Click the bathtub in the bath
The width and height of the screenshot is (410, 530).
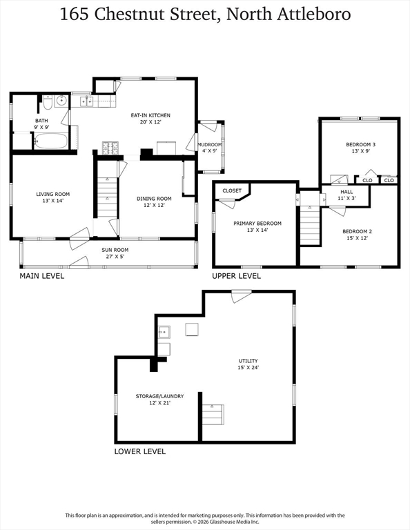pyautogui.click(x=50, y=141)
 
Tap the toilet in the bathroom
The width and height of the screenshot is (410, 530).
pyautogui.click(x=47, y=102)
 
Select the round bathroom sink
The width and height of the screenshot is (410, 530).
pyautogui.click(x=61, y=100)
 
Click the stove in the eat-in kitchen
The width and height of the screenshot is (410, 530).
pyautogui.click(x=110, y=148)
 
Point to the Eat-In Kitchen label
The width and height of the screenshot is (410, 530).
pyautogui.click(x=150, y=115)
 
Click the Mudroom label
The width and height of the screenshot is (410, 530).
pyautogui.click(x=210, y=144)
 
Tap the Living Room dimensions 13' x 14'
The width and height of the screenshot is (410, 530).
pyautogui.click(x=53, y=200)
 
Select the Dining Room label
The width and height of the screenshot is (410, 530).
pyautogui.click(x=154, y=199)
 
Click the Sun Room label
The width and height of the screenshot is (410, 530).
pyautogui.click(x=115, y=250)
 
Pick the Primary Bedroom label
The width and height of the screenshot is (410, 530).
pyautogui.click(x=257, y=223)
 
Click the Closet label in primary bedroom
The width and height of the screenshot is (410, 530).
pyautogui.click(x=232, y=190)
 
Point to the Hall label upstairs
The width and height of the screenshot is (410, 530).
pyautogui.click(x=346, y=192)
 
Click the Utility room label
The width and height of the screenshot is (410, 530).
pyautogui.click(x=248, y=361)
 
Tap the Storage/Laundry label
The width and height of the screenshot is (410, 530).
pyautogui.click(x=159, y=396)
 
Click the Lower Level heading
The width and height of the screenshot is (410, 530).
pyautogui.click(x=140, y=451)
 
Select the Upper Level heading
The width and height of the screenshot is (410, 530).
pyautogui.click(x=236, y=276)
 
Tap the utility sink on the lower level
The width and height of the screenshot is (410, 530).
pyautogui.click(x=164, y=332)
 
